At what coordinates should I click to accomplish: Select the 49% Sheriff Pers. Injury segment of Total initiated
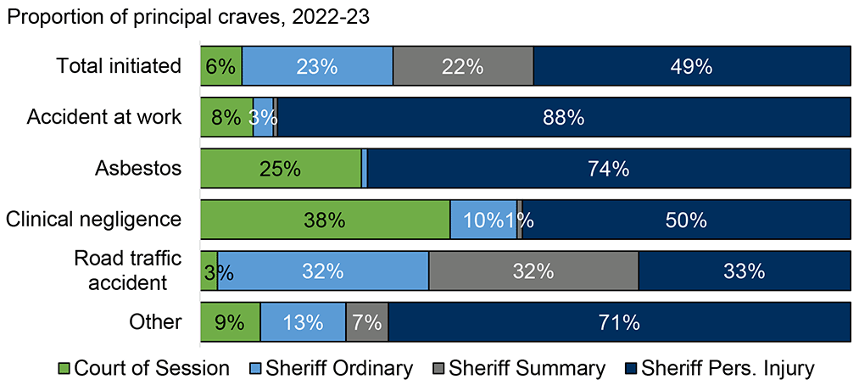(691, 66)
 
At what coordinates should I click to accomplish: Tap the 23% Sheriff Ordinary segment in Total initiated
(317, 66)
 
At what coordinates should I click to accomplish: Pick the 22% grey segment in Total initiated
(463, 66)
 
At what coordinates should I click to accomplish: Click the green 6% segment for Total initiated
(220, 66)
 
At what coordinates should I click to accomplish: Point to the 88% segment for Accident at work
(564, 117)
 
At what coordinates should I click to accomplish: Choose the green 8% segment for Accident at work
(226, 117)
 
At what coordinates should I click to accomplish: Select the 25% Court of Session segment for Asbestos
(281, 169)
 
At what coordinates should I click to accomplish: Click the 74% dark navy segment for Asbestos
(608, 169)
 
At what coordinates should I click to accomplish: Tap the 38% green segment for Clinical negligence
(325, 220)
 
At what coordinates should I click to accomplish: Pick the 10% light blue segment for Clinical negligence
(482, 220)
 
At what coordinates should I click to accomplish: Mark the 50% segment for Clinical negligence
(686, 220)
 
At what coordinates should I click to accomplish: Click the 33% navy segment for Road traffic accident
(744, 271)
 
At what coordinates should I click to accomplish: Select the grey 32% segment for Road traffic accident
(533, 271)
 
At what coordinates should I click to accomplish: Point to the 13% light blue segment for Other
(303, 322)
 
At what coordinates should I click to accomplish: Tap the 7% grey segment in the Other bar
(367, 322)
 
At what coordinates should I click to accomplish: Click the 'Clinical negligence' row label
(94, 220)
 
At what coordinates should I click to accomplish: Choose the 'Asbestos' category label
(138, 168)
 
